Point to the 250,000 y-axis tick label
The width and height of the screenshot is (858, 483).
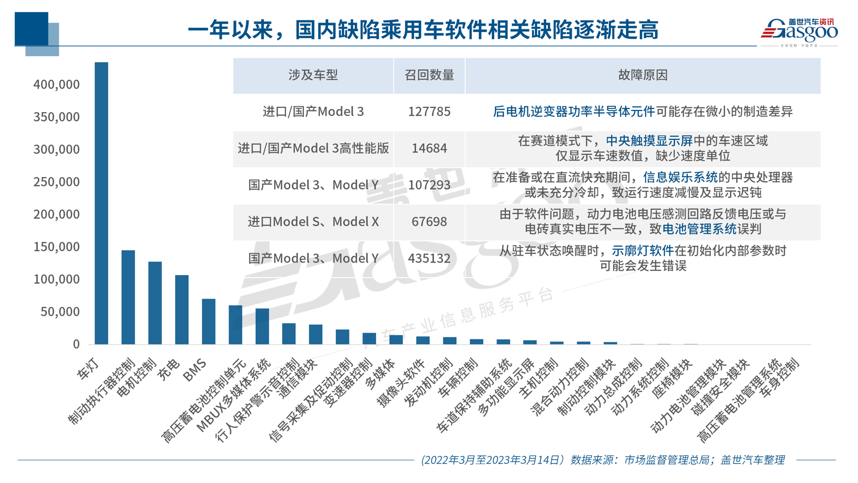57,182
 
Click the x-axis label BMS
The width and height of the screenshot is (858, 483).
195,370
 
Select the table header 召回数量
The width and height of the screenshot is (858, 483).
429,75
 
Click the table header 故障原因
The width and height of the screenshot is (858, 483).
642,75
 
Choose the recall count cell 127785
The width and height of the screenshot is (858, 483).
429,112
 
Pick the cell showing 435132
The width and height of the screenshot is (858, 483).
429,258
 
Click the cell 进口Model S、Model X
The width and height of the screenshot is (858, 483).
313,222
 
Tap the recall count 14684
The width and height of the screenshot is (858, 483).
429,148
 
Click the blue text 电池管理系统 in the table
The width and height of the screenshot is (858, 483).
699,229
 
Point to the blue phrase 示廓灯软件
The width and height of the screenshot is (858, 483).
642,251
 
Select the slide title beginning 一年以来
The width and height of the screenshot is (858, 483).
423,30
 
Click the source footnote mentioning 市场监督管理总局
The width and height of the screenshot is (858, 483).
603,460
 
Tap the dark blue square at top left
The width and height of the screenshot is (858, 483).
31,29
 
